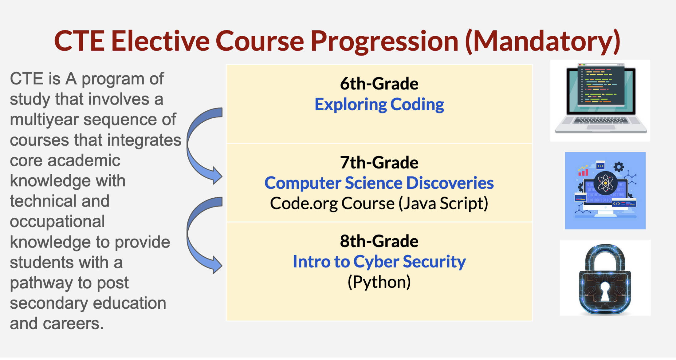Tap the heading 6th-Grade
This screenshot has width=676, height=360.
point(379,84)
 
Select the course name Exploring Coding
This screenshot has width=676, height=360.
point(379,105)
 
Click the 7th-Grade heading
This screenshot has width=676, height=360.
point(379,162)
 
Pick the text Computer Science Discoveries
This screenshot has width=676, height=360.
point(379,183)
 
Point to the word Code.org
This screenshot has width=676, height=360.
point(304,204)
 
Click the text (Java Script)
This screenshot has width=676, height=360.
point(443,204)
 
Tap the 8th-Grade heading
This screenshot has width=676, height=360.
point(379,241)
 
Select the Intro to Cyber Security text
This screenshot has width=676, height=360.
point(379,262)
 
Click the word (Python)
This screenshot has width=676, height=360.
point(379,282)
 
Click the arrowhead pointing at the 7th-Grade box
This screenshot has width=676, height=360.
point(216,176)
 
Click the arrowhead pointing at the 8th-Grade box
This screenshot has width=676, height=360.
point(216,265)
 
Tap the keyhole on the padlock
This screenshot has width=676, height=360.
point(605,292)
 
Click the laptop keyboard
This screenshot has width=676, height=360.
point(601,121)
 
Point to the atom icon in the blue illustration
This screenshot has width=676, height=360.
point(605,183)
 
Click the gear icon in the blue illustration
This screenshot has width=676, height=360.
point(619,167)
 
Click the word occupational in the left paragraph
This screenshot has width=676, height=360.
point(57,222)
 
